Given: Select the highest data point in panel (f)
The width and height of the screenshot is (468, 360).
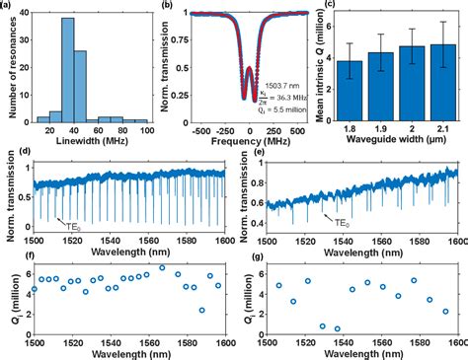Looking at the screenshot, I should pyautogui.click(x=163, y=267).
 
